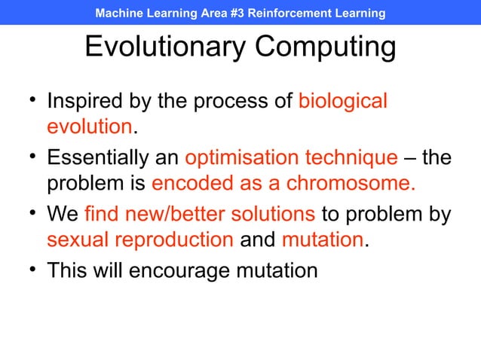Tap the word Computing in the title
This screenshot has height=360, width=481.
(x=326, y=47)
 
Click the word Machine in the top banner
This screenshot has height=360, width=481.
(x=119, y=14)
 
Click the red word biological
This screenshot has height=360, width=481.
(x=343, y=101)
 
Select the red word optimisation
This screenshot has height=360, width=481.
(x=241, y=158)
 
